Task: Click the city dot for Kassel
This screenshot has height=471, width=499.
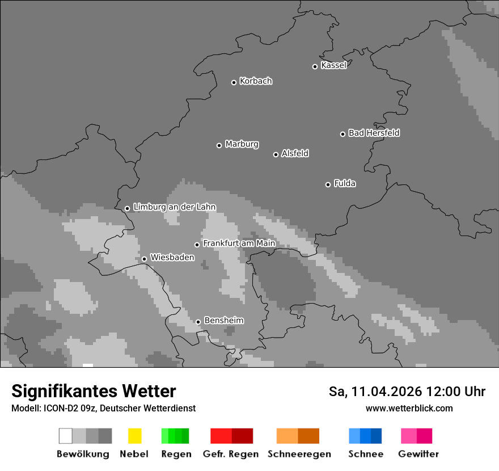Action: pos(315,66)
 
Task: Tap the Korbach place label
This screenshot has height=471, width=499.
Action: pos(256,81)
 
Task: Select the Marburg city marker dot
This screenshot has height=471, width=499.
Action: pos(219,145)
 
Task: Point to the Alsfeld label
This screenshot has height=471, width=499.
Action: pos(295,153)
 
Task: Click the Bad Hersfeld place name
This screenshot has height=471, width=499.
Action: pos(374,133)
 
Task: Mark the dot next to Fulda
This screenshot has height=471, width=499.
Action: pos(328,184)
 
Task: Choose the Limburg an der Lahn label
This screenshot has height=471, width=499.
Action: pos(174,207)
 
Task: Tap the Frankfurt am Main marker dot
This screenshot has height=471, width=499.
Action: pos(197,245)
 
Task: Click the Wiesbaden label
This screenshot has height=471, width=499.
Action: pos(172,257)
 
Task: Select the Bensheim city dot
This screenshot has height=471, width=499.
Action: pos(198,322)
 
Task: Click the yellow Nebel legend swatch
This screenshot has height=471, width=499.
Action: pos(134,436)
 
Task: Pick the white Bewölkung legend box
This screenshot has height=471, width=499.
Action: pos(65,436)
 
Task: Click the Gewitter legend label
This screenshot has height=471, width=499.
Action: pos(418,454)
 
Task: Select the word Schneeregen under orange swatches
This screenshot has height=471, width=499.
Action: pos(299,454)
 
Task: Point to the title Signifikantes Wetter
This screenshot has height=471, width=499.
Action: pos(94,391)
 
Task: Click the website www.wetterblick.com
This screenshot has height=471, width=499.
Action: pos(409,408)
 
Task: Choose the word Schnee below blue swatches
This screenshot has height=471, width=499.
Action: pos(366,454)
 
